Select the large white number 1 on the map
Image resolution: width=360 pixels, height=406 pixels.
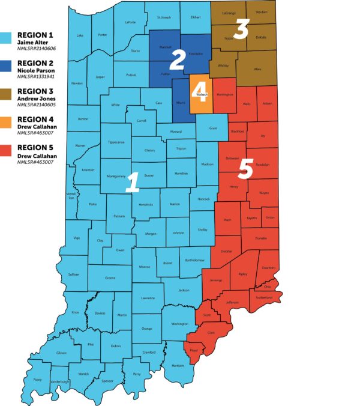coord(132,181)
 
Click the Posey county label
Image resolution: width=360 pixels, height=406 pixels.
coord(38,379)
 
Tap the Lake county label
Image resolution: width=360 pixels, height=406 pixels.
coord(80,35)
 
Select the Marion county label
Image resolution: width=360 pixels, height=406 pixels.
coord(175,204)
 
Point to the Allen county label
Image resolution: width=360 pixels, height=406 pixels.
coord(257,70)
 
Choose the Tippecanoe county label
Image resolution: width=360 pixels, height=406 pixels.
coord(116,142)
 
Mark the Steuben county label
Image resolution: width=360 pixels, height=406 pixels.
coord(261,12)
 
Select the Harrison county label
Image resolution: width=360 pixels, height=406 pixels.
coord(178,365)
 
